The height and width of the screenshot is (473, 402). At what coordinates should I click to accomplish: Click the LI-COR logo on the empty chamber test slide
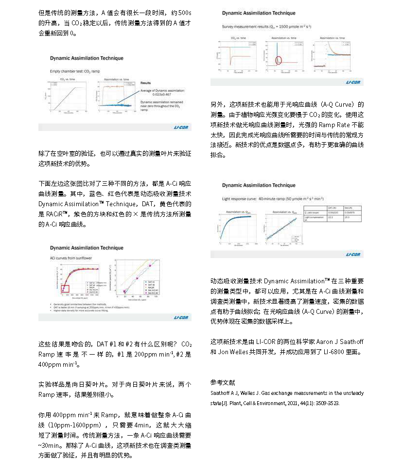coord(181,127)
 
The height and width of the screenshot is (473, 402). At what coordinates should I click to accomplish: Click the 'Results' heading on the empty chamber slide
coord(145,83)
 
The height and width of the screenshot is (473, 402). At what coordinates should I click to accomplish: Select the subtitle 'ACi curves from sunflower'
coord(71,259)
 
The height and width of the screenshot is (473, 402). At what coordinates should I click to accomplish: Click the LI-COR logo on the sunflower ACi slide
coord(181,318)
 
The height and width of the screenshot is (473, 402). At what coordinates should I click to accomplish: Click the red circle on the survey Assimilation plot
coord(279,60)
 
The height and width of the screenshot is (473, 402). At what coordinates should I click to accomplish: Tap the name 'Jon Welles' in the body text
coord(226,352)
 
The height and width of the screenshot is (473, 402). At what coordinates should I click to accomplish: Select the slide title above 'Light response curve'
coord(259,185)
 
